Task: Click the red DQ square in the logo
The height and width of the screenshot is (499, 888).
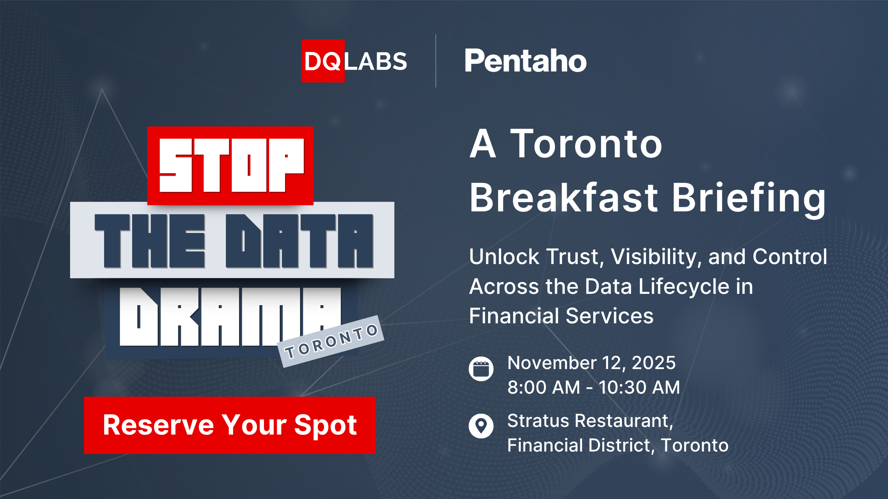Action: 323,61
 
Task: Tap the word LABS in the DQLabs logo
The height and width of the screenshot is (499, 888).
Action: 376,62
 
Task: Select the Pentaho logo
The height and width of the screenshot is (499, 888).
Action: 525,61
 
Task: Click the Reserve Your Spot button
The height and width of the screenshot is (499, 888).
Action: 230,425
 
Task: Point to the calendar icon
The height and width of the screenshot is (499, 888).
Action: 481,368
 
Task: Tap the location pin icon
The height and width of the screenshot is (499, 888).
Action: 481,426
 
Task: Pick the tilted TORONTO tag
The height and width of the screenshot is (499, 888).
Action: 331,341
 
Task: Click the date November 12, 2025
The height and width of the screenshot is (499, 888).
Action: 591,363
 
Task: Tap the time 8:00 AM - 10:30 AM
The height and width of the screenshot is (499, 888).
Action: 594,387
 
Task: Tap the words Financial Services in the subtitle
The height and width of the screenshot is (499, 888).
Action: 561,316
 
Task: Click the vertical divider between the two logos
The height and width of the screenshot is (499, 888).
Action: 436,61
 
